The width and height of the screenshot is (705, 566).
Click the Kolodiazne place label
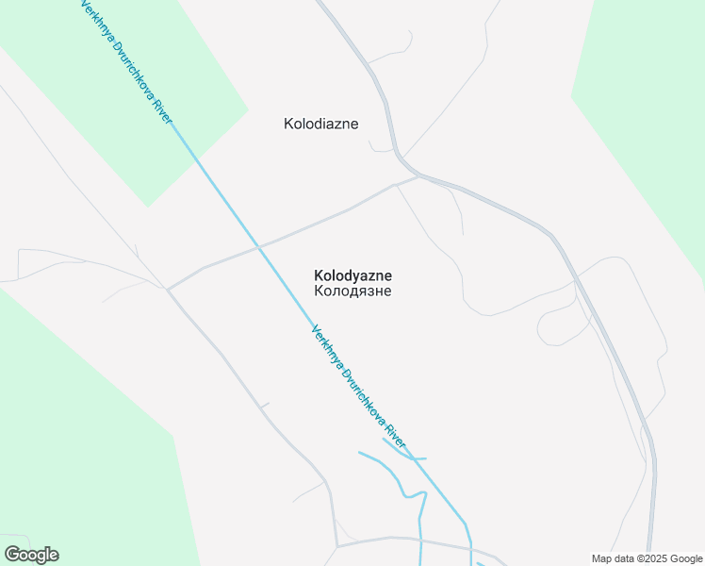point(320,124)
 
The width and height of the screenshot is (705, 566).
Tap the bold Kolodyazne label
point(352,275)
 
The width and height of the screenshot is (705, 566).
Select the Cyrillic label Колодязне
point(352,291)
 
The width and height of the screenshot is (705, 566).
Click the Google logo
point(31,555)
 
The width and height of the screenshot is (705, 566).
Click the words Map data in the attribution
point(613,558)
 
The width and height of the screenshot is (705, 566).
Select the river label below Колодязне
point(358,388)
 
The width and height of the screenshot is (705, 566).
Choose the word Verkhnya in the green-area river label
point(94,20)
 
